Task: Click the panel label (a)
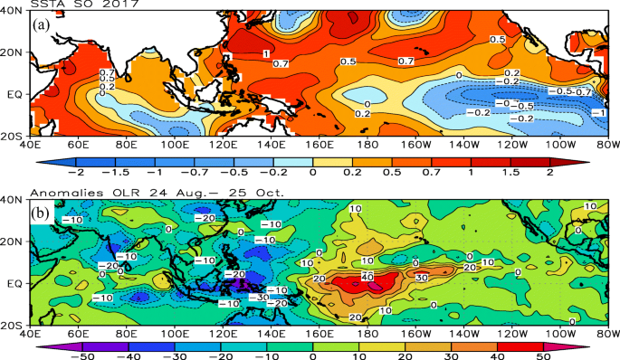click(41, 25)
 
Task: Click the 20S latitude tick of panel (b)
click(14, 324)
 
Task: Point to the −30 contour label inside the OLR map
click(258, 296)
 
